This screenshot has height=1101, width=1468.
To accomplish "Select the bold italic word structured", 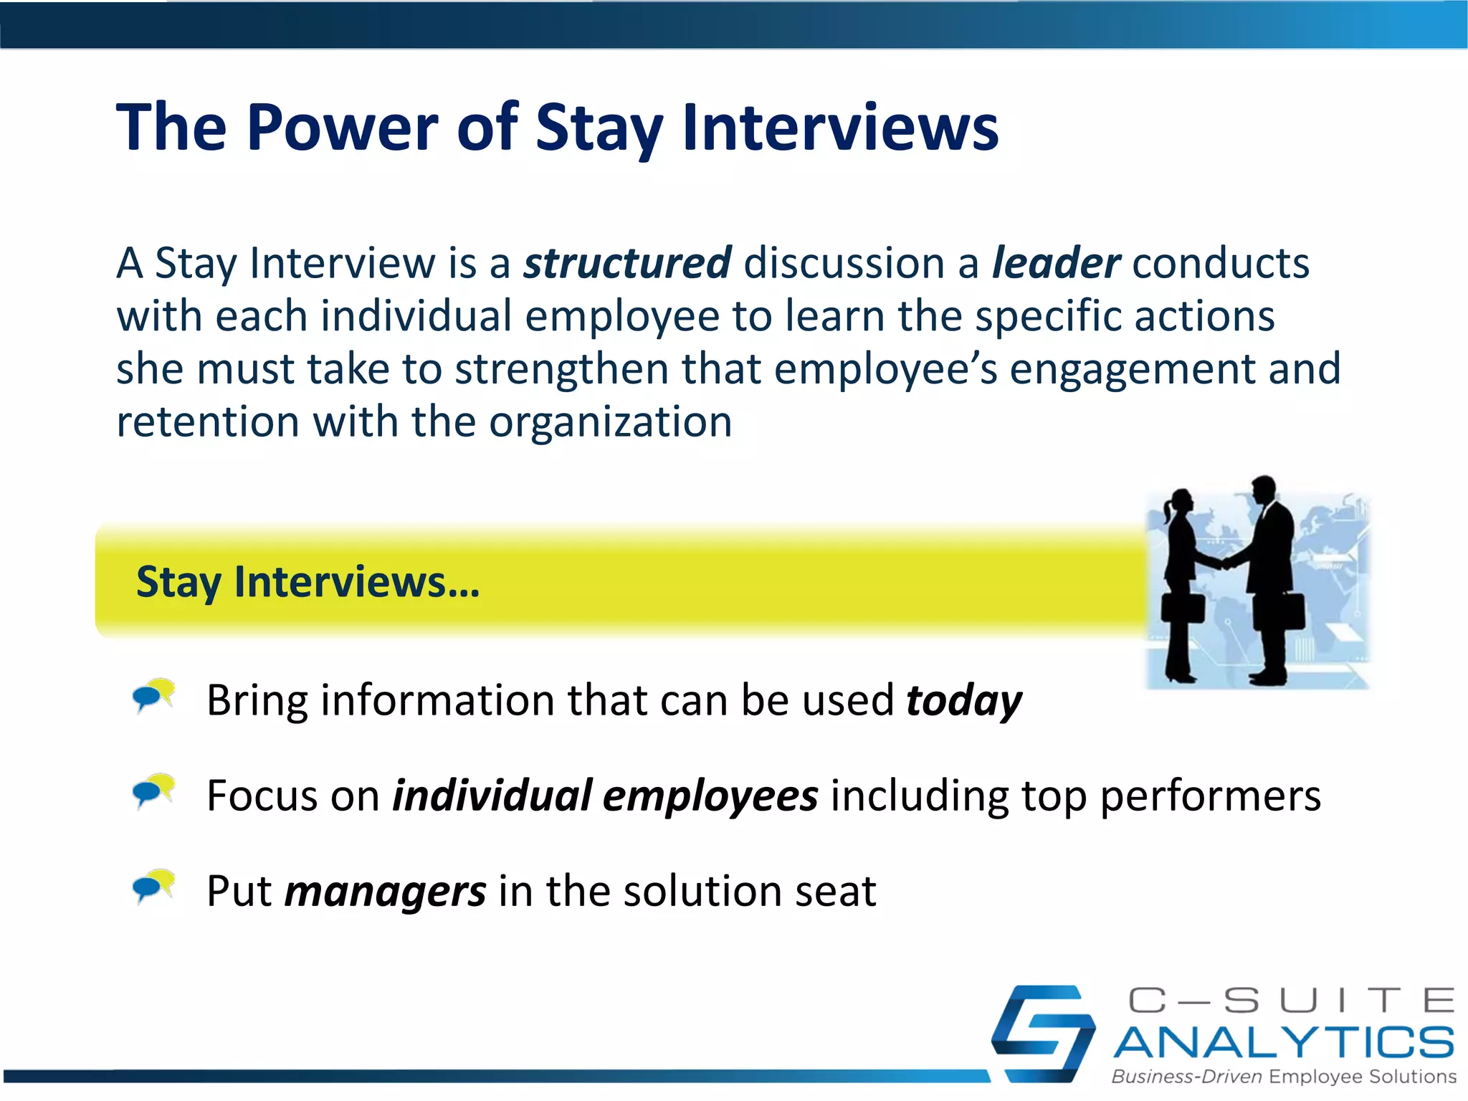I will coord(627,263).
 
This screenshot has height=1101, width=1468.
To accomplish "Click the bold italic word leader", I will coord(1055,263).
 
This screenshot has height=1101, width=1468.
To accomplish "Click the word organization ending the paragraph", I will coord(610,422).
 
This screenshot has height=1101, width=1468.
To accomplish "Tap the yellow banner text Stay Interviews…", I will coord(308,581).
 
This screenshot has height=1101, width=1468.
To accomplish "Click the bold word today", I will coord(963,700).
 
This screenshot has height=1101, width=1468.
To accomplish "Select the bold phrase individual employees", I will coord(605,796).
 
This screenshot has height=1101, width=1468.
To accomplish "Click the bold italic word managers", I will coord(385,891).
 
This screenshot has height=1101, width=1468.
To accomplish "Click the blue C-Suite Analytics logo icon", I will coord(1043,1033).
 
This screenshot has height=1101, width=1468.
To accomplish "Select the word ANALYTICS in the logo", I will coord(1283,1042).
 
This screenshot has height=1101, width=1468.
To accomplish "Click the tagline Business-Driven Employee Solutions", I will coord(1283,1077).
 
